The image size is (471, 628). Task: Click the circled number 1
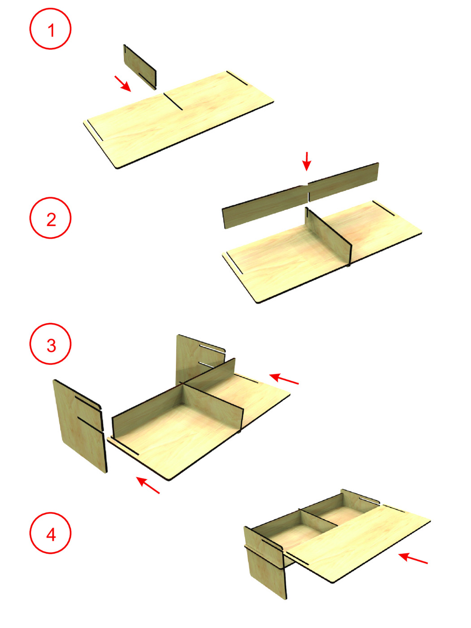(50, 29)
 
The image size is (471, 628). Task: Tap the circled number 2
(50, 218)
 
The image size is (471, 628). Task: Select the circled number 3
(50, 344)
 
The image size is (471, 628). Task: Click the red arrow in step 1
(122, 83)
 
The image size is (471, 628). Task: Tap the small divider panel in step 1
(140, 67)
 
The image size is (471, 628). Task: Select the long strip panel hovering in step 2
(300, 196)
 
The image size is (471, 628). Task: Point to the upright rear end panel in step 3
(200, 358)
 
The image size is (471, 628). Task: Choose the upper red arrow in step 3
(283, 379)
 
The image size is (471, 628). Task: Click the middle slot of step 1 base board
(173, 101)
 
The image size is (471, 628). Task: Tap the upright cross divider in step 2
(328, 237)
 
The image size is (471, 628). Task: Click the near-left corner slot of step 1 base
(95, 130)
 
